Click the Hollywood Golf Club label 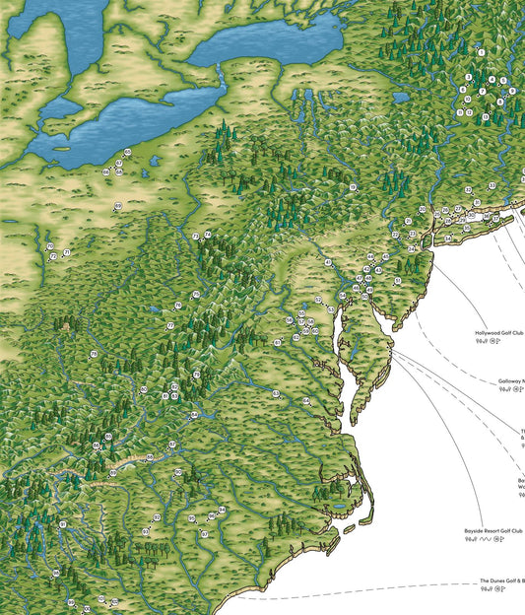(x=498, y=334)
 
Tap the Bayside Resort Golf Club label (x=492, y=531)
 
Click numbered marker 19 (x=353, y=186)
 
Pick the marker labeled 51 (x=397, y=281)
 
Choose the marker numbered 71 (x=66, y=252)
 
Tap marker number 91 (x=62, y=525)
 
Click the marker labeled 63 (x=279, y=342)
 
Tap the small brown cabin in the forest (x=66, y=322)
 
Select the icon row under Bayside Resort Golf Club (x=485, y=541)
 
